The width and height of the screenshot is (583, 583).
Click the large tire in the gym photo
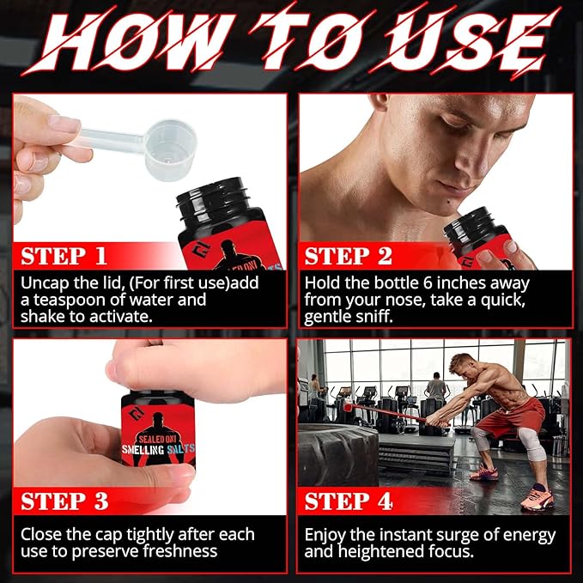[339, 446]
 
